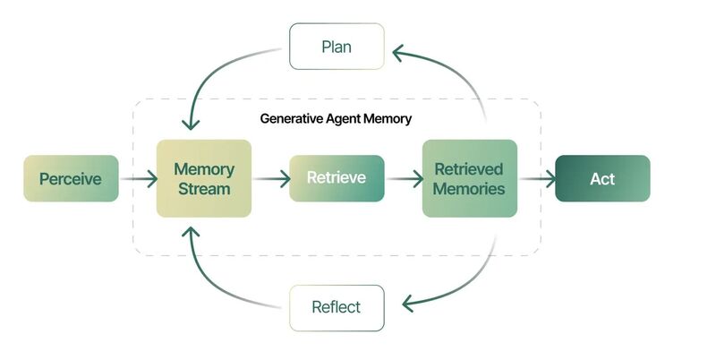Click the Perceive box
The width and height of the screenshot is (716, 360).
[72, 178]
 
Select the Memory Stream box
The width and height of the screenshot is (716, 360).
[204, 178]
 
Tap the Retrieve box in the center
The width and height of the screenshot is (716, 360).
[337, 178]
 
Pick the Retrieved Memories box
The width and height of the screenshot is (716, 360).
[470, 178]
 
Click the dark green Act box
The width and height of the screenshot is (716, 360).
[602, 178]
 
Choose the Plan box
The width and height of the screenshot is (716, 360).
[337, 47]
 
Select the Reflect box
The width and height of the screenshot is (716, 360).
[337, 308]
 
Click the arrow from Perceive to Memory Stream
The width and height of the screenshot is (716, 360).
[139, 178]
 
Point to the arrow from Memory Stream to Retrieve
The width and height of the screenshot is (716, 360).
[271, 178]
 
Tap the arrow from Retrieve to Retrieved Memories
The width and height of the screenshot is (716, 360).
[405, 178]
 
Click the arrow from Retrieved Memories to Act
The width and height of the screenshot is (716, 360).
[537, 178]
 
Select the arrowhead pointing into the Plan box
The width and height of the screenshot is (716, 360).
[398, 53]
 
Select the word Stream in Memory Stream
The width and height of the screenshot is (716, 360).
[204, 189]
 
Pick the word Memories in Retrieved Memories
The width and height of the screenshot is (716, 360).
[469, 189]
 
